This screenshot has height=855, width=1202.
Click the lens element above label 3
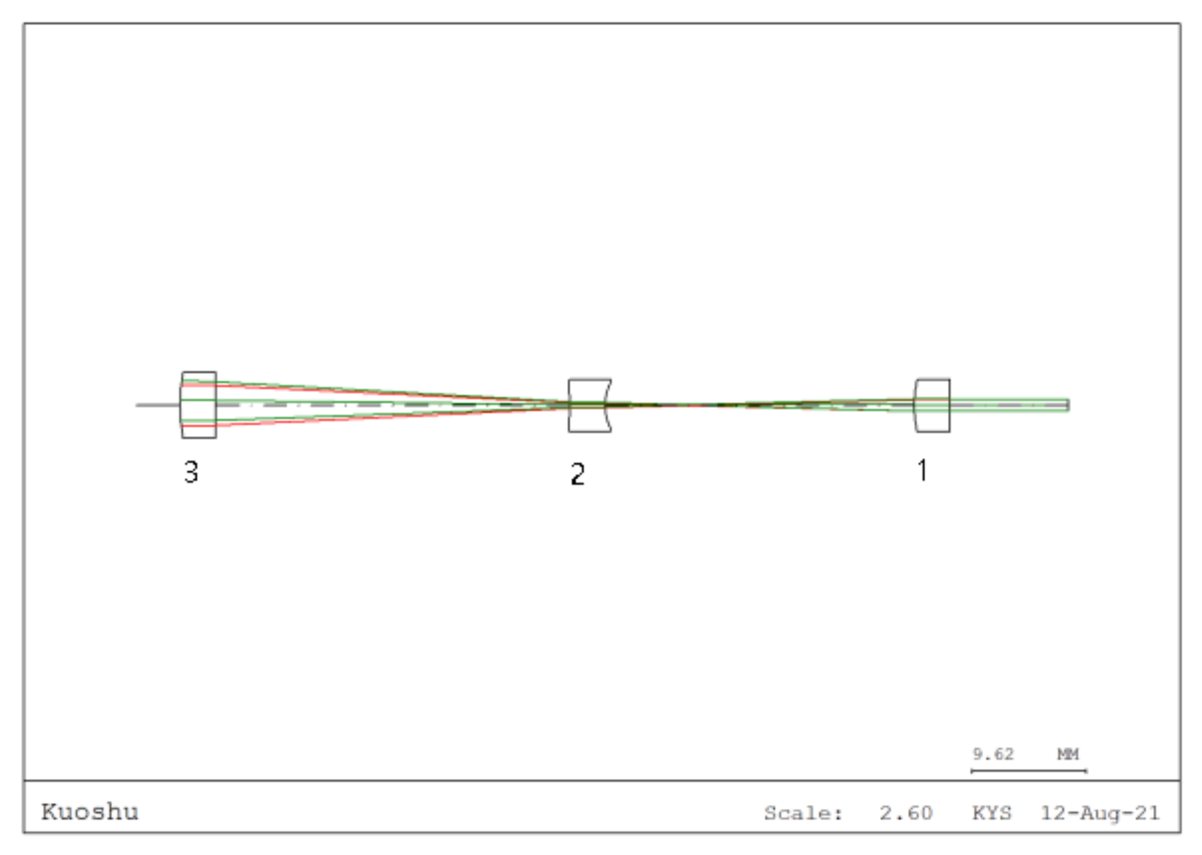[x=199, y=404]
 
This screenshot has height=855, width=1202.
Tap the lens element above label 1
[x=932, y=405]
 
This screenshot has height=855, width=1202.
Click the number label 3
[x=191, y=472]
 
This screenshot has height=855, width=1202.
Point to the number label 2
[x=577, y=474]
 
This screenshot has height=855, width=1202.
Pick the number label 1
[x=922, y=470]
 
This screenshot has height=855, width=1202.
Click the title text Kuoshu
[x=90, y=812]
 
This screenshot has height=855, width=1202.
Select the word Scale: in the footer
[x=803, y=813]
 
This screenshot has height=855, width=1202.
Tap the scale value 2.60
[x=906, y=813]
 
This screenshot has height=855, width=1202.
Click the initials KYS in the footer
[x=992, y=813]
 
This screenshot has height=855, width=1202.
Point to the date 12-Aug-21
[x=1099, y=813]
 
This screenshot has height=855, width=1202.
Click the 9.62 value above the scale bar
[x=993, y=754]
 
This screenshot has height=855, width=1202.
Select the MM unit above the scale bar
[x=1068, y=754]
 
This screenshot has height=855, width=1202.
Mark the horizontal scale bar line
[x=1029, y=771]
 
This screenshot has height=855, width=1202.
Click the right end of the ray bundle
[x=1067, y=405]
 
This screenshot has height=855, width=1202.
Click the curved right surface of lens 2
[x=605, y=405]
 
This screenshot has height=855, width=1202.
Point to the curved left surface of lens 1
[x=914, y=405]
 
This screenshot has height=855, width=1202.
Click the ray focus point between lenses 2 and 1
[x=690, y=404]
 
